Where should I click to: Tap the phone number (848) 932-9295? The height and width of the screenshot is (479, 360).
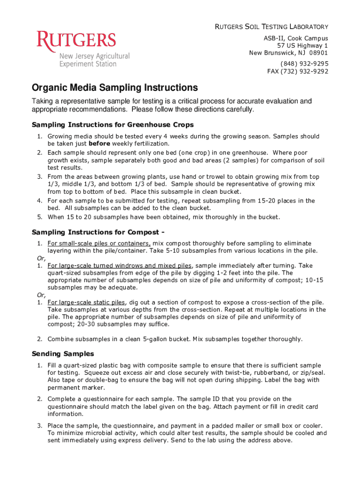[x=304, y=64]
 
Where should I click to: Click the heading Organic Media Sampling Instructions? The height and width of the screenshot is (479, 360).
[x=115, y=88]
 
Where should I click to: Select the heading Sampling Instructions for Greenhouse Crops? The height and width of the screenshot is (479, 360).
[x=112, y=125]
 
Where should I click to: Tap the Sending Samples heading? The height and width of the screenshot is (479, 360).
[x=63, y=354]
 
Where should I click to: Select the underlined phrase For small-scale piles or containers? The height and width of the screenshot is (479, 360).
[x=99, y=243]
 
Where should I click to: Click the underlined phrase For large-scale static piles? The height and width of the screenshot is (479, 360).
[x=86, y=302]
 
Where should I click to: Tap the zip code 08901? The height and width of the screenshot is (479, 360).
[x=318, y=53]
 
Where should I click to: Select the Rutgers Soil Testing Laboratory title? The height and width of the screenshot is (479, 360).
[x=271, y=27]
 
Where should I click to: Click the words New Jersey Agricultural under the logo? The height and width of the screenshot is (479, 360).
[x=94, y=56]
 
